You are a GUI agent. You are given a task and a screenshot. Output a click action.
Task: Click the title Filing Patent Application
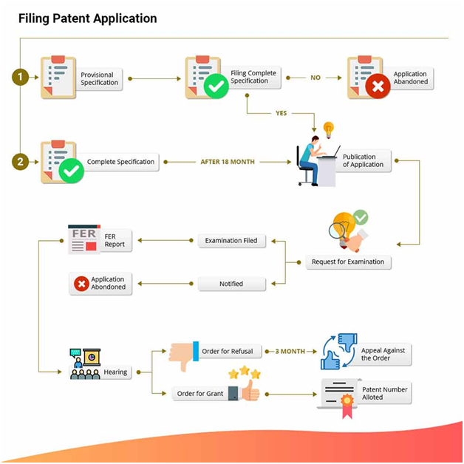[87, 18]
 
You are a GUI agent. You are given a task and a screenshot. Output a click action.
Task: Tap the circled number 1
[20, 76]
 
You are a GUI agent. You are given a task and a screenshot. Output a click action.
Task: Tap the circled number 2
[20, 161]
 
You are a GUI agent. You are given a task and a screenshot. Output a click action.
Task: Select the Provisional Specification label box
[99, 79]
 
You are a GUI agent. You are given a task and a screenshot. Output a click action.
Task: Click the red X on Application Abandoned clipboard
[378, 87]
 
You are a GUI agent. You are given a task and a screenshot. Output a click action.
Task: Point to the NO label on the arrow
[315, 78]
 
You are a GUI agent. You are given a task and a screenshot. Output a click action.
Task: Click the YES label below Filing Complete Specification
[281, 113]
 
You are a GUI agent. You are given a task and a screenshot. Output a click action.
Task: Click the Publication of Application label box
[364, 161]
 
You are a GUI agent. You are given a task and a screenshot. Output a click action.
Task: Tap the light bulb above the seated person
[329, 130]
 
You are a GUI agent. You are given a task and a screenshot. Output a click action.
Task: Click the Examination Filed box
[231, 240]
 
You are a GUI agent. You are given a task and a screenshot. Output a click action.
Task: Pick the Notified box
[231, 283]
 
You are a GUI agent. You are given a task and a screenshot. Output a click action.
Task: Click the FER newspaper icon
[83, 239]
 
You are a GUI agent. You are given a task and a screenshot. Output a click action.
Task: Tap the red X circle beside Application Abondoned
[81, 283]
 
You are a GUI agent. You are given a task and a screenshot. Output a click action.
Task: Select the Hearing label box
[115, 372]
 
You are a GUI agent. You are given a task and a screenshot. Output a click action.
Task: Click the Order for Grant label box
[200, 394]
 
